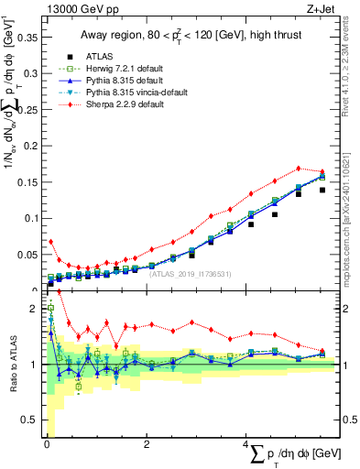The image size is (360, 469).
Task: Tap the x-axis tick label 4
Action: coord(247,443)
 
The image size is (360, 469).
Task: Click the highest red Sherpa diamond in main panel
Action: coord(298,169)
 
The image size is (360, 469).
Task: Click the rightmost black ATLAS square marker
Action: coord(322,191)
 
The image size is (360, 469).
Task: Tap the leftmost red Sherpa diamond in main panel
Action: coord(50,242)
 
